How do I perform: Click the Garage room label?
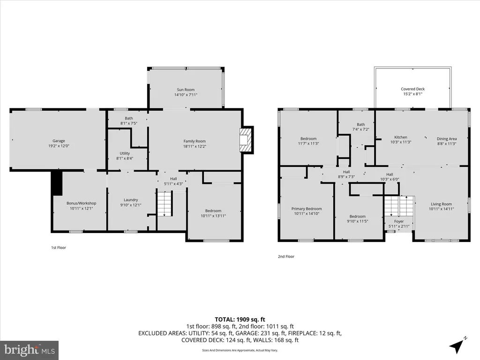click(x=59, y=141)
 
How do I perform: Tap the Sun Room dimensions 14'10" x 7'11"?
click(x=186, y=95)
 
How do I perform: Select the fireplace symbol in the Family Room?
click(x=247, y=140)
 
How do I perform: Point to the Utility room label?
click(x=125, y=153)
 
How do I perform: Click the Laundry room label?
click(x=131, y=200)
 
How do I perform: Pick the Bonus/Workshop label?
click(x=82, y=203)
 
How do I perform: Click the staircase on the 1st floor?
click(x=165, y=203)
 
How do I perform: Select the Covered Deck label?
click(x=412, y=89)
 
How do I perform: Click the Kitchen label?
click(x=401, y=137)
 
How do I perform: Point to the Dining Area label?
click(x=447, y=139)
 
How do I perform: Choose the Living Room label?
click(x=441, y=204)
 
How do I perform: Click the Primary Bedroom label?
click(x=307, y=209)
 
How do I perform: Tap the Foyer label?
click(x=399, y=221)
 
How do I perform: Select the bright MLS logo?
click(x=30, y=350)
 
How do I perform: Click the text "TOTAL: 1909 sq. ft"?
click(x=240, y=320)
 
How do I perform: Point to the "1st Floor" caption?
click(x=59, y=247)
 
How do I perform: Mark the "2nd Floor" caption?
click(x=286, y=256)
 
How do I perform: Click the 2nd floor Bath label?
click(x=361, y=124)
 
